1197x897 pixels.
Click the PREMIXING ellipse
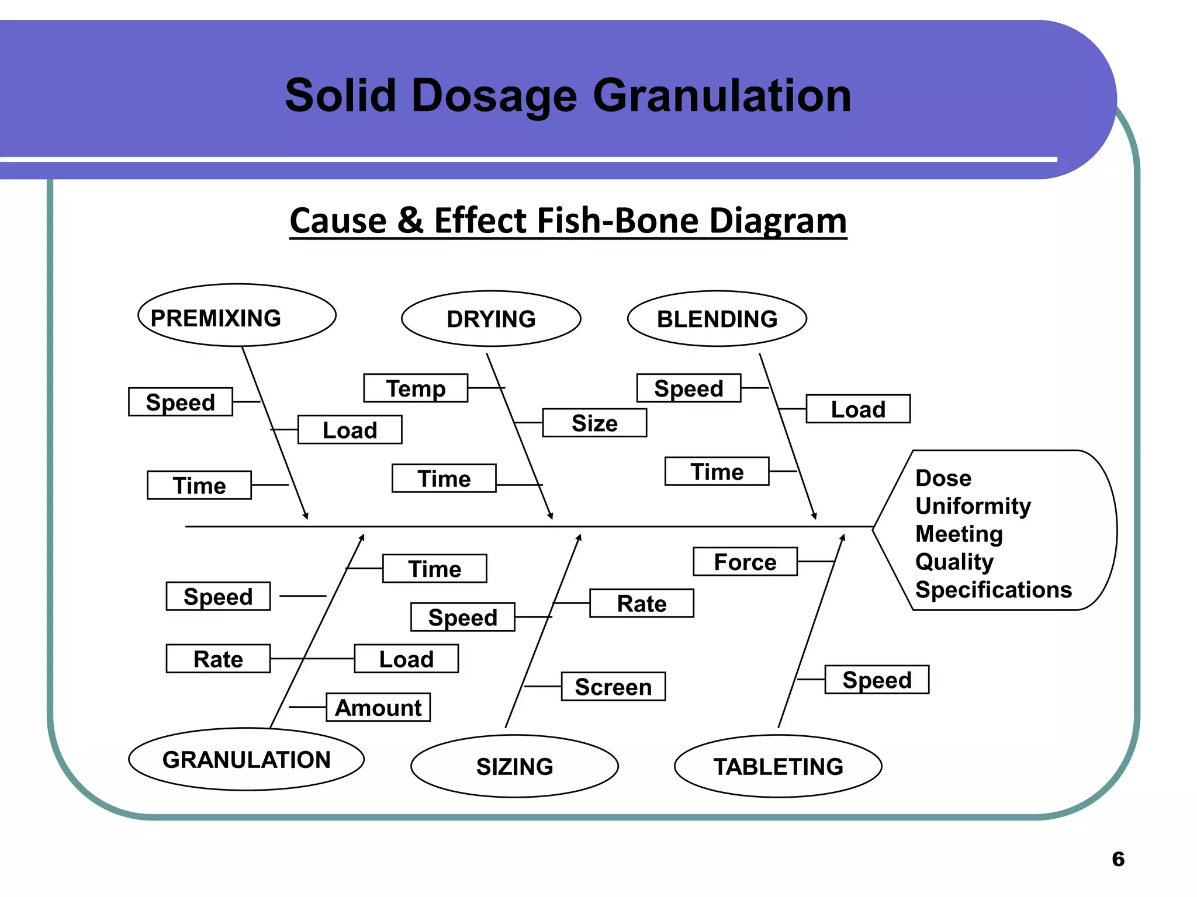(x=237, y=316)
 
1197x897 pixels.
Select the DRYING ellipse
(x=491, y=319)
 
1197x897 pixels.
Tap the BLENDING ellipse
(x=717, y=319)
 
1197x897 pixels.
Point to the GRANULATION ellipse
(x=246, y=759)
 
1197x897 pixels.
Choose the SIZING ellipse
(x=514, y=766)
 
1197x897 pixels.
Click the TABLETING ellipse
(x=778, y=766)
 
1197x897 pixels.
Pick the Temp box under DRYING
(x=416, y=388)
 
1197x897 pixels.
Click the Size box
(x=594, y=423)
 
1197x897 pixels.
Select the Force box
(x=745, y=562)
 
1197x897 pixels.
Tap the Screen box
(x=613, y=687)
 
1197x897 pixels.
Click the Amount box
(x=378, y=707)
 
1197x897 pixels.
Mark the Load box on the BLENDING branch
(x=858, y=409)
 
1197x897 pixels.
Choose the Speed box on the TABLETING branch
(x=877, y=680)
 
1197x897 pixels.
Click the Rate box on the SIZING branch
(x=642, y=603)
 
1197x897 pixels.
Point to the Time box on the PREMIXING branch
(x=199, y=485)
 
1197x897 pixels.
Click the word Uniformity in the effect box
(x=973, y=506)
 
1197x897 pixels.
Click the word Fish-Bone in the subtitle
(x=617, y=221)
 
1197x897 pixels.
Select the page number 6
(x=1118, y=859)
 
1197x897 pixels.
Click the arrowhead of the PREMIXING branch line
(x=306, y=516)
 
